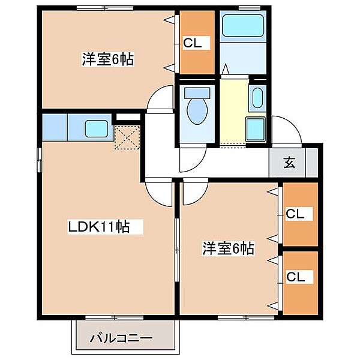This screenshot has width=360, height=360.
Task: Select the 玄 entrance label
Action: tap(289, 162)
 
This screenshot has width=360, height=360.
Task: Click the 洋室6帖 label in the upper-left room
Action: tap(107, 59)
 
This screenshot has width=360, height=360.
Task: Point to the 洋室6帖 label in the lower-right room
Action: tap(228, 248)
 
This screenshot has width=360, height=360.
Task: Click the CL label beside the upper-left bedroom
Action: tap(196, 43)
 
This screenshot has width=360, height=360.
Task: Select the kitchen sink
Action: tap(96, 128)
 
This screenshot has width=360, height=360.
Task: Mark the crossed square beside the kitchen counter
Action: tap(127, 137)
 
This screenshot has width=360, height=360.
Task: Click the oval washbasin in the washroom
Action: tap(258, 98)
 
